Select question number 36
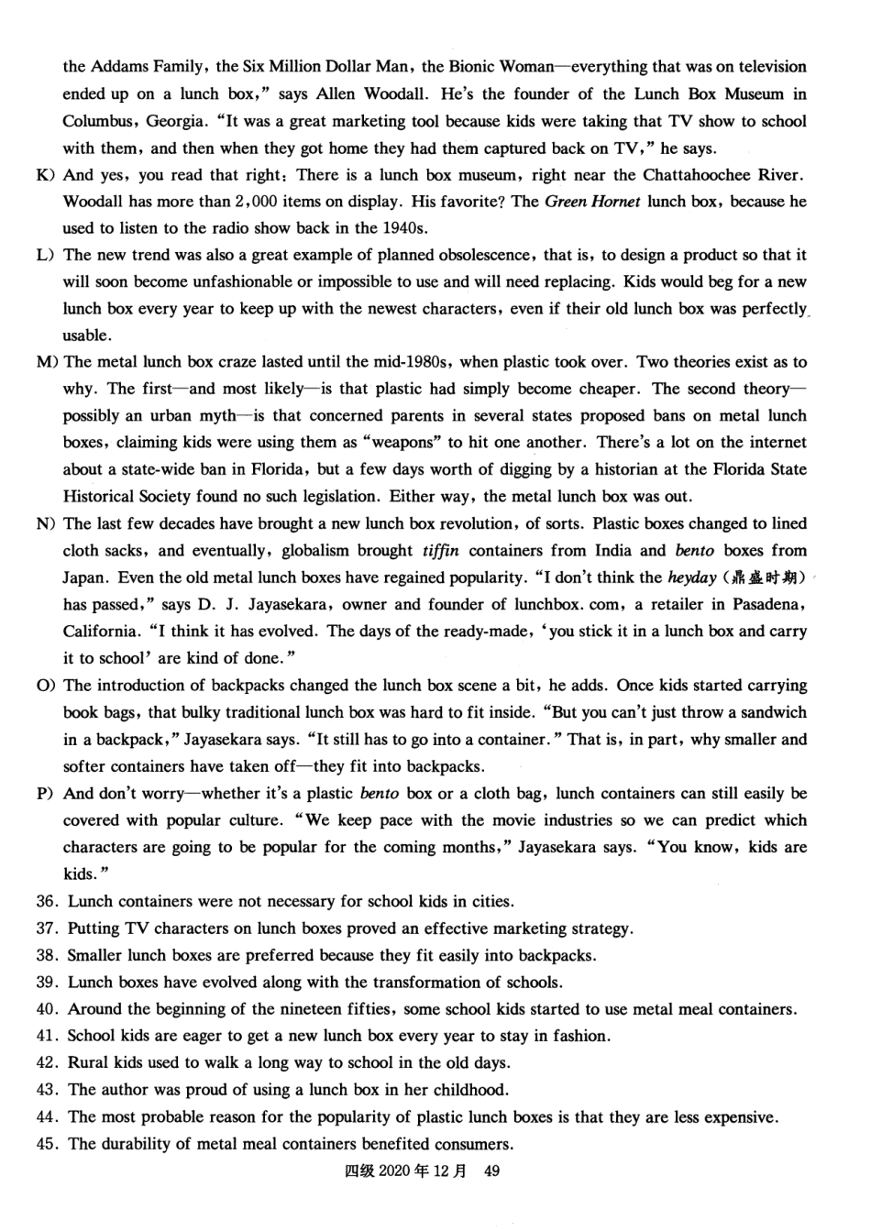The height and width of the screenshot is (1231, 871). (x=48, y=902)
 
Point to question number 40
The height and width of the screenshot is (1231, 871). (x=48, y=1009)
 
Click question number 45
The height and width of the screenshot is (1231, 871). (x=48, y=1144)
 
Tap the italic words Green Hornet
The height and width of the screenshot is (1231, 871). (x=592, y=202)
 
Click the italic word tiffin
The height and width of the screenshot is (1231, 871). (x=441, y=551)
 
